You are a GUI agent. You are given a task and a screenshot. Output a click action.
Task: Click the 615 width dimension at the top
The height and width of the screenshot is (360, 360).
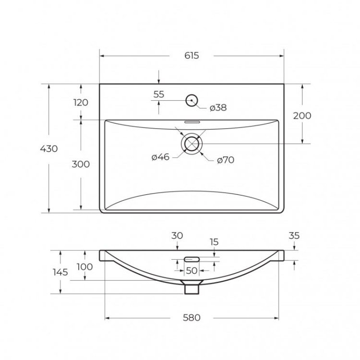pos(191,55)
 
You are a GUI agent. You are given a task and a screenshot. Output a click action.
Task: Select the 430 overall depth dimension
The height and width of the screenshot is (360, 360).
pos(48,148)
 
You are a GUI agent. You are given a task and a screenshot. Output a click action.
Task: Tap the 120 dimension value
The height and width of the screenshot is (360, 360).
pos(81,102)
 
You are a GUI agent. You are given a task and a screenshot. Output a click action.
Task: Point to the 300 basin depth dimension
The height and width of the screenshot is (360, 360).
pos(81,164)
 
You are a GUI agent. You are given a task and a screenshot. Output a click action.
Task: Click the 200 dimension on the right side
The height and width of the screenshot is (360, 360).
pos(302,115)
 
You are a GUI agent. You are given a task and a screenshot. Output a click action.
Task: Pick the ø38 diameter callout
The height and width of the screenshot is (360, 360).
pos(218,108)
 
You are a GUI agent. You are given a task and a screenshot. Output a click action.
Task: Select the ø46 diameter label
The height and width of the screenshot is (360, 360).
pos(160,157)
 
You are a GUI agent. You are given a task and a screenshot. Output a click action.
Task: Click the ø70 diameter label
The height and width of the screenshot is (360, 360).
pos(225,160)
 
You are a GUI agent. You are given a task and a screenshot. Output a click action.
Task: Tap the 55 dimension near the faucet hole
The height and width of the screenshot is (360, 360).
pos(159,95)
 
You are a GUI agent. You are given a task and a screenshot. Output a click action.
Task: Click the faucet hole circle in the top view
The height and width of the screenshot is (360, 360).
pos(192,100)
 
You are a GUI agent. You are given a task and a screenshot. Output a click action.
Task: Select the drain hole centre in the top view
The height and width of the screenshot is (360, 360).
pos(192,144)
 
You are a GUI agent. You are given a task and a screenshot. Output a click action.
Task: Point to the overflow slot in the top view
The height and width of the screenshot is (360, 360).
pos(192,121)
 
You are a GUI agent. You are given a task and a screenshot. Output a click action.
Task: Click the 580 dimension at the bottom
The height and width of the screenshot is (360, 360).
pos(191,317)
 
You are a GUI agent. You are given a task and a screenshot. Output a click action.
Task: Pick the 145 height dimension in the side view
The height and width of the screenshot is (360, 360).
pos(60,272)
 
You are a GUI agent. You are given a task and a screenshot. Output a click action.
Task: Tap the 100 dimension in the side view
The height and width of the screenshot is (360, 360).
pos(84,266)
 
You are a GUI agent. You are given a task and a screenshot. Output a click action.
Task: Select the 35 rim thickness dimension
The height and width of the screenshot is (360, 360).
pos(294,236)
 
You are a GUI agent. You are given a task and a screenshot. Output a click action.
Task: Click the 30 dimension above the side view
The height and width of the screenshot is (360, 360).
pos(177,236)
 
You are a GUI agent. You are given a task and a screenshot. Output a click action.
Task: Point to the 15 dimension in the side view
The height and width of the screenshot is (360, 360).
pos(214,242)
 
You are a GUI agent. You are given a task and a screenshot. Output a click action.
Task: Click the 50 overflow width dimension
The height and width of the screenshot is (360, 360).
pos(192,270)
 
